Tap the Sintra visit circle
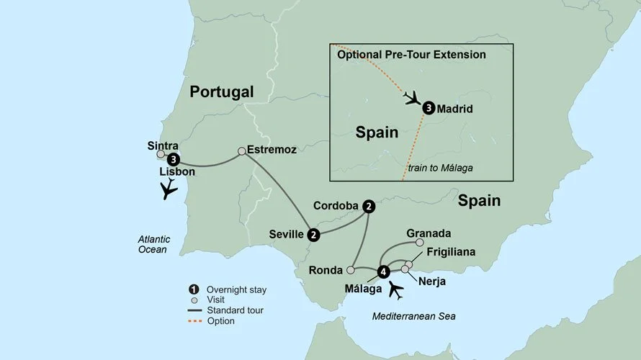(x=161, y=154)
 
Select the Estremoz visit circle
(x=242, y=151)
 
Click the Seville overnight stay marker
(x=313, y=235)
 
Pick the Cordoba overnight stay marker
(x=369, y=206)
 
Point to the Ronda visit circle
(x=350, y=271)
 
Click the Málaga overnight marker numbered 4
(x=383, y=271)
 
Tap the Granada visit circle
(x=420, y=243)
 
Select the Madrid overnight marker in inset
(x=429, y=109)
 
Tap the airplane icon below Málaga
(x=396, y=289)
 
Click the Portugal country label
(x=222, y=92)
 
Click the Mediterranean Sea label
(x=414, y=316)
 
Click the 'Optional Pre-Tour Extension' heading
(x=411, y=55)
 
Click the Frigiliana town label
(x=450, y=253)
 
